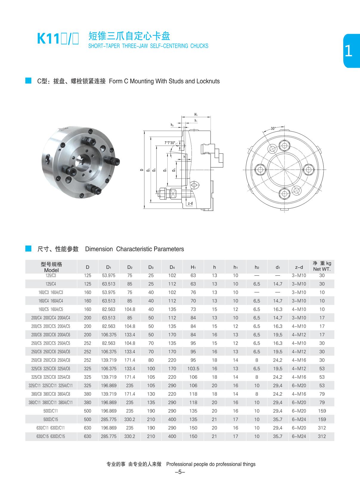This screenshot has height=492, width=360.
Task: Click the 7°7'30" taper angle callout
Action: [170, 143]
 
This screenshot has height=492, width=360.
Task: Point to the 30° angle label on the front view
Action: [273, 129]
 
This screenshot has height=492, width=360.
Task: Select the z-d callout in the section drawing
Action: [190, 203]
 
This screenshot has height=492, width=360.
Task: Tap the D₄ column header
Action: [172, 267]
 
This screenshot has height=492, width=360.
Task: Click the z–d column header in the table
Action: [299, 267]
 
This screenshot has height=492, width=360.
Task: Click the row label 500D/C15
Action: [51, 419]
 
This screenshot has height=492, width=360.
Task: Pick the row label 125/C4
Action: [51, 284]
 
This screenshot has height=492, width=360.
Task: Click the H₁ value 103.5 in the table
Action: [193, 368]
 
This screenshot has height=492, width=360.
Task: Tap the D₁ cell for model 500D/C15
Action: [109, 419]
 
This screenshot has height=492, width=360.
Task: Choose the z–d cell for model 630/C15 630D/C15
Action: [299, 436]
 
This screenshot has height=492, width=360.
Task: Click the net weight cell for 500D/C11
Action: [322, 411]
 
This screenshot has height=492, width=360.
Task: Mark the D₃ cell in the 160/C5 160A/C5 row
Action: [151, 309]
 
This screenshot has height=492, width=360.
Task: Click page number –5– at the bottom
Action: [180, 472]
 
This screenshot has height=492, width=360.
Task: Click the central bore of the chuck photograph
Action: [80, 161]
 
